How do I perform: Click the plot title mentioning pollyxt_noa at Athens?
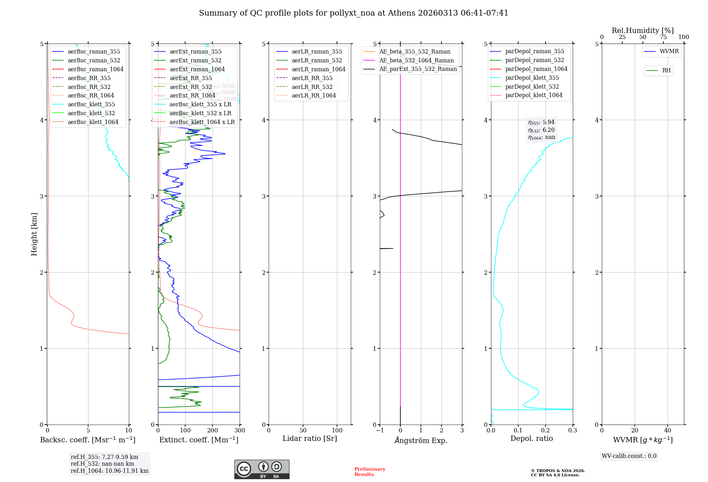(354, 13)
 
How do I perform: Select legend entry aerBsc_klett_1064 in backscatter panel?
(93, 122)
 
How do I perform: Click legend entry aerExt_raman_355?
(195, 52)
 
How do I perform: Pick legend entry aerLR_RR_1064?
(314, 95)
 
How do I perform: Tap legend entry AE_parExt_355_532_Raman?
(418, 69)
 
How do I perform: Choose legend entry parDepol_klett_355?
(532, 78)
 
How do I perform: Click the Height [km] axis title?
(34, 234)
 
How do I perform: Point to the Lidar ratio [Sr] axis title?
(310, 438)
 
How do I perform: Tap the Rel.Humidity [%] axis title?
(643, 30)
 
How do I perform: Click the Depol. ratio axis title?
(531, 438)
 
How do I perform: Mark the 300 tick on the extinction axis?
(240, 431)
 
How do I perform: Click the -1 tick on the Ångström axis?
(380, 431)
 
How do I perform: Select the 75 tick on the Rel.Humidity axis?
(663, 37)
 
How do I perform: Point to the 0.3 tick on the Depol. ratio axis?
(572, 431)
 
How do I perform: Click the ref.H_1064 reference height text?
(109, 471)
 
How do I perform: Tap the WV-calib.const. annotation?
(629, 456)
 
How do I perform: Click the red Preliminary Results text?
(370, 472)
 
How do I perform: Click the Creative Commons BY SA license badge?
(262, 470)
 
